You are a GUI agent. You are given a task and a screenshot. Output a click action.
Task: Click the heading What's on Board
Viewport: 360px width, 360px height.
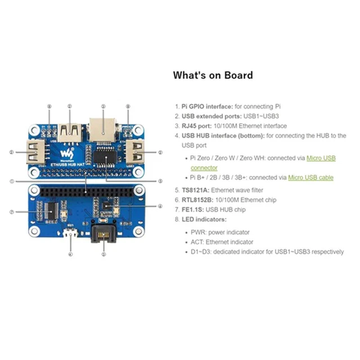tap(213, 75)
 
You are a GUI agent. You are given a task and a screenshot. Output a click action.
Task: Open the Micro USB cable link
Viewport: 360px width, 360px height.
tap(310, 177)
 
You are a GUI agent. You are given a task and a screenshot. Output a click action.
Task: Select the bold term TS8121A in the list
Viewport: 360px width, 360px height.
tap(195, 191)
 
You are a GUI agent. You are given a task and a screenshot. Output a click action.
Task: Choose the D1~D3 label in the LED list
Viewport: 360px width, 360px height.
tap(200, 251)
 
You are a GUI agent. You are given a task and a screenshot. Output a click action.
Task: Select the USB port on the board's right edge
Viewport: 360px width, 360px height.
tap(137, 152)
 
